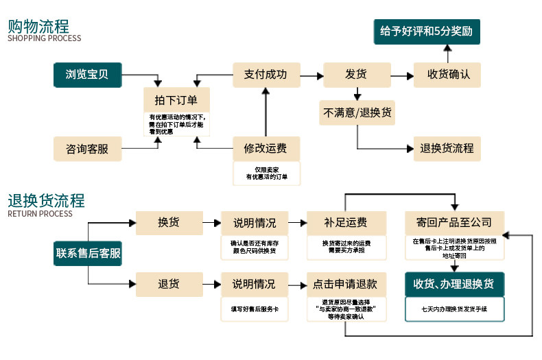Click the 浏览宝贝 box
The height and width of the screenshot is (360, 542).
click(x=87, y=75)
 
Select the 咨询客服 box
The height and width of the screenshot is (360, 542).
click(x=87, y=149)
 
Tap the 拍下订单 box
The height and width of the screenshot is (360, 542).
click(x=176, y=100)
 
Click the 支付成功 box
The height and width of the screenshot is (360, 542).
click(x=266, y=75)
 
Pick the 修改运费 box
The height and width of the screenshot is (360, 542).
click(x=266, y=149)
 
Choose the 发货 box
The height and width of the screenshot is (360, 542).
click(x=357, y=75)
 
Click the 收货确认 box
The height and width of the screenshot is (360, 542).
click(x=447, y=75)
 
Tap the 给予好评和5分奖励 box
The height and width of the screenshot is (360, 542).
click(x=427, y=32)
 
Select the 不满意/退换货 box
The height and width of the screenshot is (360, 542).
click(x=357, y=112)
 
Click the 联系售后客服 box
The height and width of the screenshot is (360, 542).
click(x=88, y=253)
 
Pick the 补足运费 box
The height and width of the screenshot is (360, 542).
click(x=346, y=223)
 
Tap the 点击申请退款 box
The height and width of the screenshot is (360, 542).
click(x=346, y=285)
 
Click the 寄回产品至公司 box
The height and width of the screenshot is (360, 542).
click(x=455, y=223)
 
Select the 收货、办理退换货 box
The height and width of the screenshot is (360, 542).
click(x=455, y=285)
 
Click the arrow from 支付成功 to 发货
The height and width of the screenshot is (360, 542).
click(x=311, y=75)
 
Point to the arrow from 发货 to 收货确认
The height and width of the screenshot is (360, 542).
click(x=402, y=75)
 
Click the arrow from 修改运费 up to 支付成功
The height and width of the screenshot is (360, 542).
click(x=266, y=112)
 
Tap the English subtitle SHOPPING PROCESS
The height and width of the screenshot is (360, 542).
click(x=44, y=38)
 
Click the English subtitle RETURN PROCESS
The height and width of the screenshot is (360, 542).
click(x=40, y=214)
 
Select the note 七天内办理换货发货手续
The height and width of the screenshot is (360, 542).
click(x=455, y=309)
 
